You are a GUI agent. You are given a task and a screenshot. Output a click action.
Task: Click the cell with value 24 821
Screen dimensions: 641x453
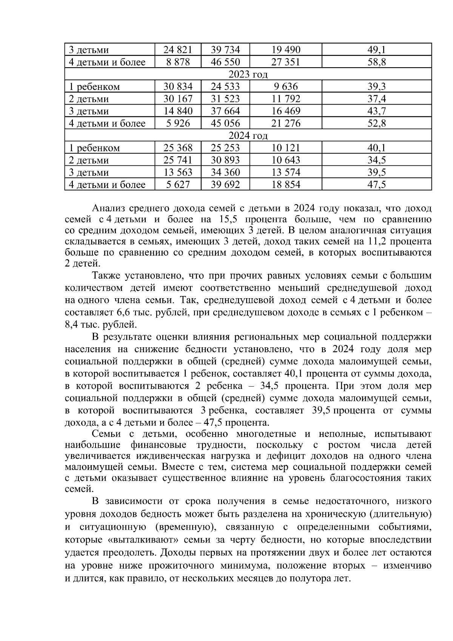(x=178, y=50)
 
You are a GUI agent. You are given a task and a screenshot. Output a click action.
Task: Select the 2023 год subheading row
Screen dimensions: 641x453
(x=248, y=74)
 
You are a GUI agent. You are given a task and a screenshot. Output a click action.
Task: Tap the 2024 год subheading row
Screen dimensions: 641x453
(x=248, y=136)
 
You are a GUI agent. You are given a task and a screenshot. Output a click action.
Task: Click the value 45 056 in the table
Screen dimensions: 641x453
(x=225, y=123)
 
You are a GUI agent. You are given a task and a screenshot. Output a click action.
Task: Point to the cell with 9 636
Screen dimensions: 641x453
(x=286, y=87)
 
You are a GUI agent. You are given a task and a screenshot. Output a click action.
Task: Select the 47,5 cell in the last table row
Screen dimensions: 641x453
(x=377, y=185)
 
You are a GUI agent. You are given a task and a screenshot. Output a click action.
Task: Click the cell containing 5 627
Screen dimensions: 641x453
(x=178, y=185)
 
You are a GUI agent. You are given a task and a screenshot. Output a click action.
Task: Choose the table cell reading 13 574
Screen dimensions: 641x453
(x=286, y=173)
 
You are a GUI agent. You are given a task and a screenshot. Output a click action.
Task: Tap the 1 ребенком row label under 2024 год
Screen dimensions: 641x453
(x=94, y=148)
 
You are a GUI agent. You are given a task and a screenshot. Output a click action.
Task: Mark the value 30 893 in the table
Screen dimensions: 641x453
(x=225, y=160)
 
